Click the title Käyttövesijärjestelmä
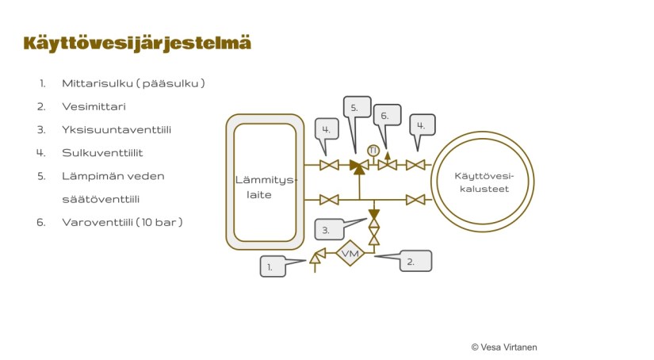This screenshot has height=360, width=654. coord(137,43)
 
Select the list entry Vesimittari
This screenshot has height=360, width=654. coord(94,105)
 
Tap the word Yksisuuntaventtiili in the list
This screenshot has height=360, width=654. coord(117,129)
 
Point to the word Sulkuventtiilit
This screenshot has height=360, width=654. coord(102,152)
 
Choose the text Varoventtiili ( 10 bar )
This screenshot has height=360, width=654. coord(122,222)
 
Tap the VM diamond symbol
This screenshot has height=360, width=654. coord(350,254)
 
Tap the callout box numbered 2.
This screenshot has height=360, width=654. coord(415,261)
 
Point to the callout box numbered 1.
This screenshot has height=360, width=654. coord(272,267)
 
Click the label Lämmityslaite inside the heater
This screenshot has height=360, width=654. coord(262,187)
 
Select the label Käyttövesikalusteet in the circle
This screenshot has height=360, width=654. coord(481,182)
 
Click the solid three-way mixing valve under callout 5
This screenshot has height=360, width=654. coord(359,166)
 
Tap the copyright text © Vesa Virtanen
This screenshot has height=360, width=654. coord(504,347)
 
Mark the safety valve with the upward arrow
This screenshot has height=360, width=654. coord(387,163)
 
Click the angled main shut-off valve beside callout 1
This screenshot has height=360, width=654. coord(316,256)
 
